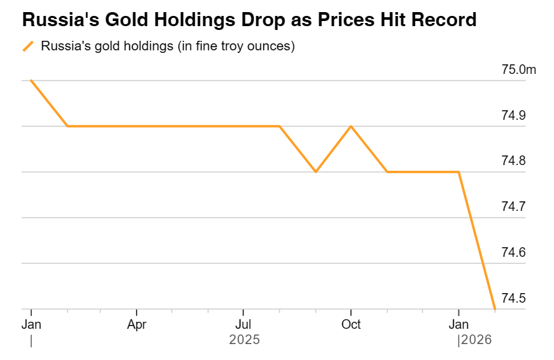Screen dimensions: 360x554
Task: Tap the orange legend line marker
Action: coord(28,47)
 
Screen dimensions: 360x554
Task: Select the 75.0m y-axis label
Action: coord(518,69)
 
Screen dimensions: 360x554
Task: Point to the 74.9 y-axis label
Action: coord(513,115)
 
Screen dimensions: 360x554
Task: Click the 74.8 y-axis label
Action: coord(513,161)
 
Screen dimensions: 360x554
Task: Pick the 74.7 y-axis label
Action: coord(513,206)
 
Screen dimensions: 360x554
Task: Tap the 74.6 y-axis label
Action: coord(513,252)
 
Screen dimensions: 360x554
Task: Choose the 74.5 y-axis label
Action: coord(513,298)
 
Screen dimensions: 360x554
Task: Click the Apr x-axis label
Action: coord(136,324)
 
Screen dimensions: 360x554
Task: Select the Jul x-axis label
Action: coord(243,324)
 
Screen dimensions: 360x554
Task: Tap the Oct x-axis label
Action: coord(351,324)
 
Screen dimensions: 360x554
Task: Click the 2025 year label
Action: coord(244,340)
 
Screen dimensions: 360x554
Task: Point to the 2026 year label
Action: coord(476,340)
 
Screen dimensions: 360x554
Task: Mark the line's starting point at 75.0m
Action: coord(31,80)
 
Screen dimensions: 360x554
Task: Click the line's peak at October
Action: coord(351,126)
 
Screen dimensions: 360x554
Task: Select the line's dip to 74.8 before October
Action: coord(316,172)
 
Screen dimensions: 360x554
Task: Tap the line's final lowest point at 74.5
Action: coord(495,309)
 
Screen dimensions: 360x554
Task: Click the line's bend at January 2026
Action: coord(458,172)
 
